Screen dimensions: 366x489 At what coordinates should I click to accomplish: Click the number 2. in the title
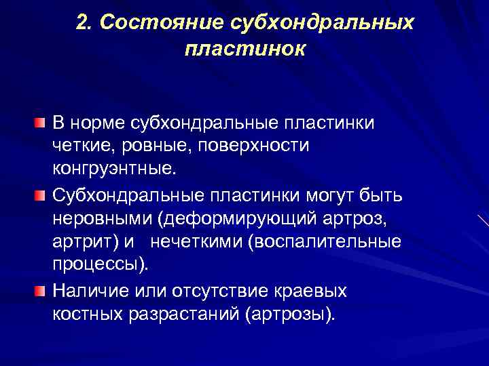pos(85,22)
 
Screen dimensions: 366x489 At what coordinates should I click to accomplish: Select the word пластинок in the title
pos(244,49)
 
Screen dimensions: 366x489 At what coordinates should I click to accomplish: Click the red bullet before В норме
pos(41,123)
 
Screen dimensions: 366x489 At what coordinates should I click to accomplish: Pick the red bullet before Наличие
pos(41,291)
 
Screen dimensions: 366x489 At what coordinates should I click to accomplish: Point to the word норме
pos(102,123)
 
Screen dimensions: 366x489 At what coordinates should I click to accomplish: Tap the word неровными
pos(95,220)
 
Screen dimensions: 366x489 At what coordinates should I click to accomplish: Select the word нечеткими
pos(196,241)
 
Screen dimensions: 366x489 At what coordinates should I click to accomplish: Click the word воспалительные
pos(327,241)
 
